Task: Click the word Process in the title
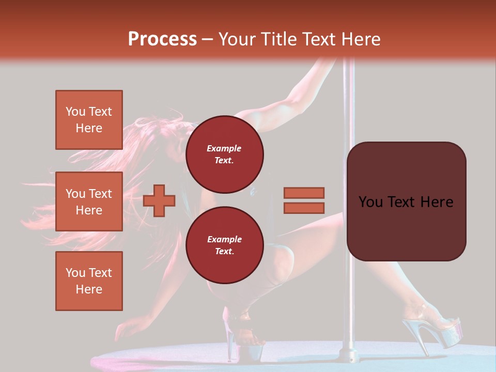click(162, 39)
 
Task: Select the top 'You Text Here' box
click(89, 120)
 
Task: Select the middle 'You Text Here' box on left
click(89, 202)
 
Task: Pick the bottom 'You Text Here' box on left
click(89, 281)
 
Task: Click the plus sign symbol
click(159, 200)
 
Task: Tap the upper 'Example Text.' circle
click(224, 154)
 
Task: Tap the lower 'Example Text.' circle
click(224, 245)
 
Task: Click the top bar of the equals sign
click(304, 193)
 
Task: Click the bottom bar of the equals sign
click(304, 208)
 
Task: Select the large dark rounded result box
click(406, 202)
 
